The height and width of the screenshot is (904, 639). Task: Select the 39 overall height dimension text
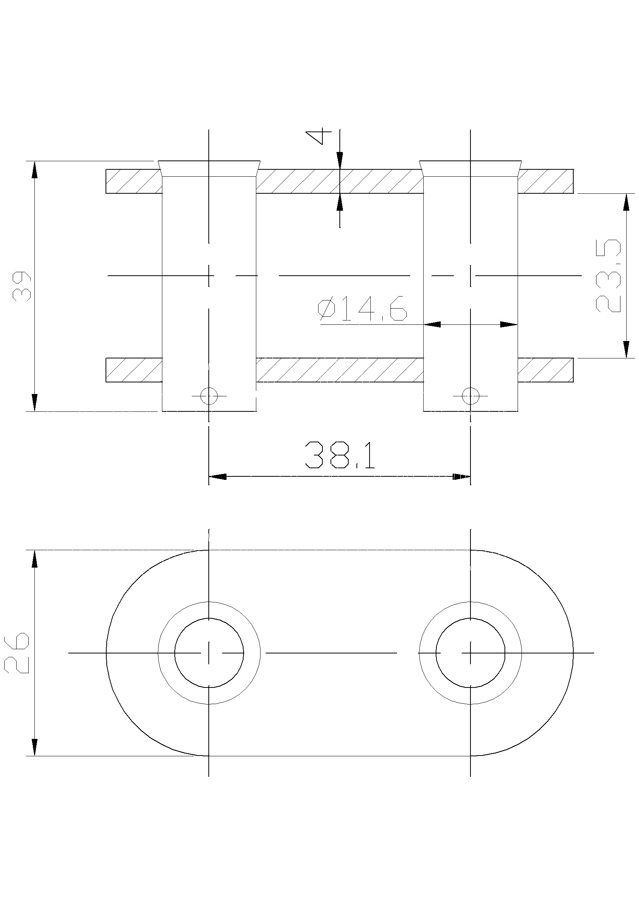click(x=22, y=286)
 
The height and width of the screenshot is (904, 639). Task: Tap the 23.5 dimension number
click(x=608, y=276)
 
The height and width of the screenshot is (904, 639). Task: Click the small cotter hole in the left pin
click(x=209, y=395)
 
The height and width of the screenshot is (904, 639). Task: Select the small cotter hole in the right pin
click(x=470, y=395)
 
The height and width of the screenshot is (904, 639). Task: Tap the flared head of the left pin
click(x=209, y=169)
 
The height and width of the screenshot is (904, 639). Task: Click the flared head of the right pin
click(x=471, y=169)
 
